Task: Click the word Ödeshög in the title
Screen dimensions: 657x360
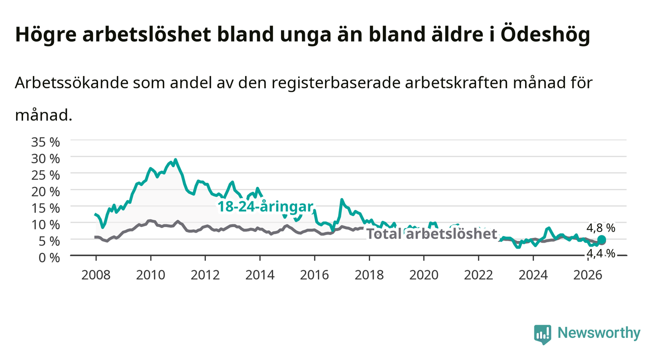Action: click(x=545, y=35)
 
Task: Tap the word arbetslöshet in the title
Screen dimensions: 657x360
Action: click(x=147, y=34)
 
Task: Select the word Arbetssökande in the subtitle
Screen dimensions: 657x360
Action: click(x=72, y=83)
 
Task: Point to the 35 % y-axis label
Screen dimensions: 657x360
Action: click(x=46, y=142)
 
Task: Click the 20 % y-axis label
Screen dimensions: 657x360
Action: click(x=46, y=192)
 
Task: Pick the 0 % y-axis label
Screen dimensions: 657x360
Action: click(x=49, y=258)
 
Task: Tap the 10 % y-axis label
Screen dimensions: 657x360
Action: click(x=46, y=225)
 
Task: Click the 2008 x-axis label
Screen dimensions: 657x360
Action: click(x=96, y=275)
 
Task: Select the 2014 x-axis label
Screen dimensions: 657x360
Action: click(x=260, y=275)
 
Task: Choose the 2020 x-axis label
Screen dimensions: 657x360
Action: click(x=424, y=275)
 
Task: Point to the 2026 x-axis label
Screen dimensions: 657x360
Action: click(x=588, y=275)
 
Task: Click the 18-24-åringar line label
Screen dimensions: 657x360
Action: click(x=265, y=206)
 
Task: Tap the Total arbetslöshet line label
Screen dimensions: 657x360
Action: click(x=432, y=234)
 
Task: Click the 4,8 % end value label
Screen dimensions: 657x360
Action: click(x=601, y=228)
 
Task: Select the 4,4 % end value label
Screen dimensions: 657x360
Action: click(x=601, y=254)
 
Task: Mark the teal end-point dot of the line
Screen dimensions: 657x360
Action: click(x=601, y=240)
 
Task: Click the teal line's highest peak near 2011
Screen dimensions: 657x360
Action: click(x=176, y=160)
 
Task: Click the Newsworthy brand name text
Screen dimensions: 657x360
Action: click(x=599, y=333)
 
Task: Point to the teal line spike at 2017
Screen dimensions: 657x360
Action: click(x=342, y=200)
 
